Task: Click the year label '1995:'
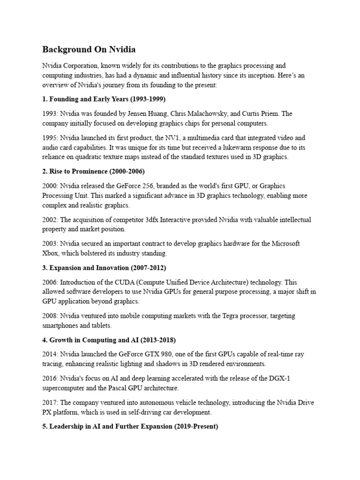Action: click(50, 138)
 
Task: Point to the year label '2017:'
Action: click(50, 403)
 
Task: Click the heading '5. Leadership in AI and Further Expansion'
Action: click(130, 427)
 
